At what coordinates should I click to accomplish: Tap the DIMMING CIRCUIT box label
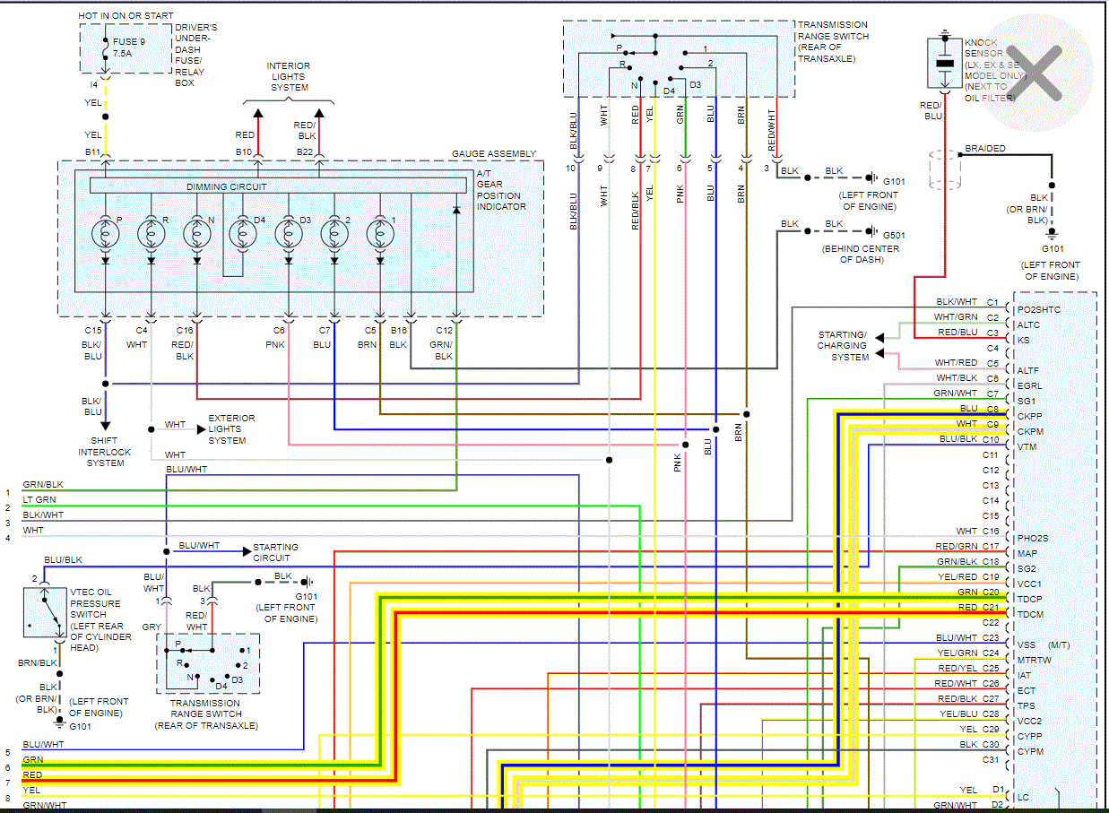pyautogui.click(x=226, y=186)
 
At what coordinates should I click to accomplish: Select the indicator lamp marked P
pyautogui.click(x=106, y=234)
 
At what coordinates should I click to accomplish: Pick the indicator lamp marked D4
pyautogui.click(x=242, y=234)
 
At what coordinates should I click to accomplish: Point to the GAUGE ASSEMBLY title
pyautogui.click(x=493, y=154)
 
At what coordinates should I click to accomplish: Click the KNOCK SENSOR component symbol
pyautogui.click(x=944, y=63)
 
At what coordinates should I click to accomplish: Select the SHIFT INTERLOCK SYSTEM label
pyautogui.click(x=105, y=452)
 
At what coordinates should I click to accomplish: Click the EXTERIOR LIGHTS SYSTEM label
pyautogui.click(x=231, y=429)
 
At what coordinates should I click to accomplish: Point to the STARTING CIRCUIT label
pyautogui.click(x=275, y=552)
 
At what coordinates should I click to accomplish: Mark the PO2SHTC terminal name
pyautogui.click(x=1038, y=310)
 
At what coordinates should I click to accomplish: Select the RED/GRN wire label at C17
pyautogui.click(x=956, y=547)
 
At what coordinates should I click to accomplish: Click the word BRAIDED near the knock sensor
pyautogui.click(x=984, y=149)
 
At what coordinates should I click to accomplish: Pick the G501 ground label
pyautogui.click(x=894, y=236)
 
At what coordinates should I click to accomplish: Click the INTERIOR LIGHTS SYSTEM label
pyautogui.click(x=288, y=77)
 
